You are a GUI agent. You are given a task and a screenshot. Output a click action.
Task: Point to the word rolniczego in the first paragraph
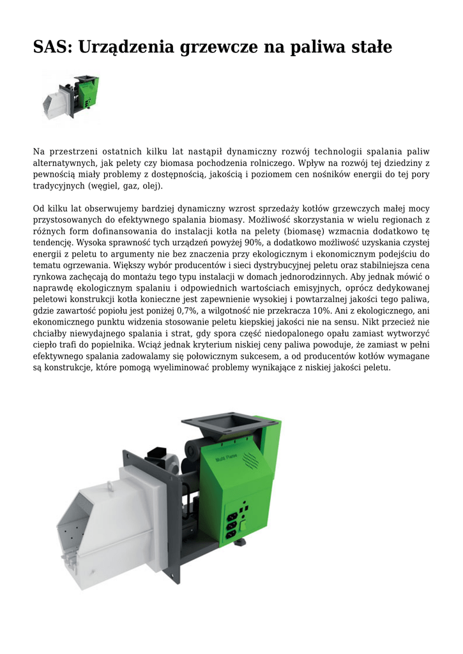pyautogui.click(x=268, y=163)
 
